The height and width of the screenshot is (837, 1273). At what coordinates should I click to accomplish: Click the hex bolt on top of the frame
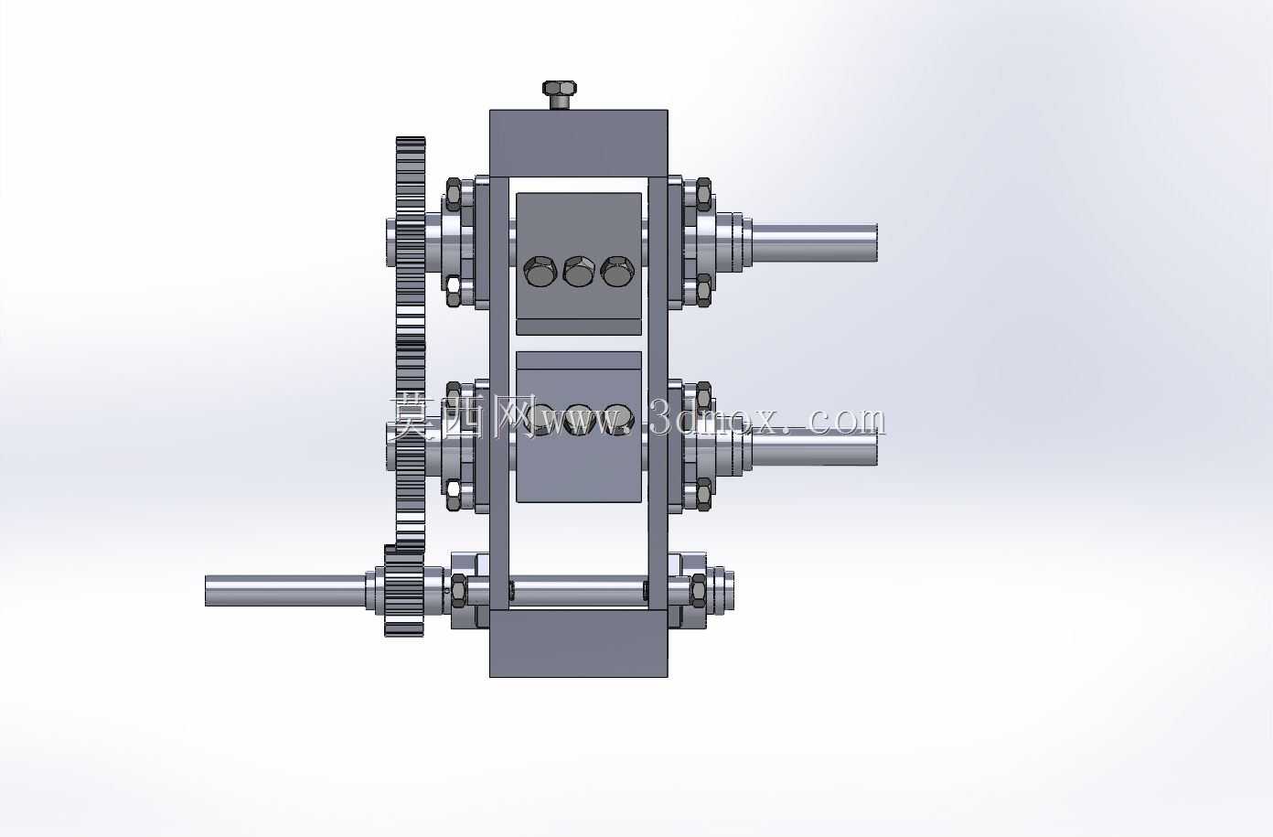[x=559, y=94]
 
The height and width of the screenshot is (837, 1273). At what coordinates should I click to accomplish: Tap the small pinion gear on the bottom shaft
[x=404, y=591]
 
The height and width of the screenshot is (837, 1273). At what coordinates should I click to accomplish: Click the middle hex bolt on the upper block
[x=579, y=271]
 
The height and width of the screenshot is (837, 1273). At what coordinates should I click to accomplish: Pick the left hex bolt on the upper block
[x=540, y=271]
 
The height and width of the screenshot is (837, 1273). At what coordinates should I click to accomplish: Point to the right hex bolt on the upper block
[x=617, y=271]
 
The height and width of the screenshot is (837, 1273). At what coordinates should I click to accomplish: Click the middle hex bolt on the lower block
[x=579, y=419]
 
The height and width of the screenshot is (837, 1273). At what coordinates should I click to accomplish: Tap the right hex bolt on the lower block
[x=617, y=419]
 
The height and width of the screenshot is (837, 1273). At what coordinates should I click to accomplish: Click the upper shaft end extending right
[x=814, y=242]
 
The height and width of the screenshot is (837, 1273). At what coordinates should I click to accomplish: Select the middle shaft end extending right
[x=814, y=446]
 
